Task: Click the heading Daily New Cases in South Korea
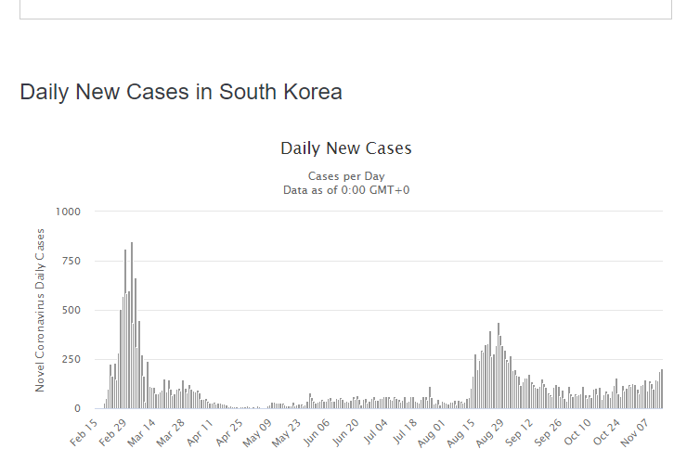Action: pyautogui.click(x=181, y=92)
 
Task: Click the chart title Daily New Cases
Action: pyautogui.click(x=345, y=148)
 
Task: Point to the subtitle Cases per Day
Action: pyautogui.click(x=345, y=176)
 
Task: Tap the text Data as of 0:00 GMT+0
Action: pyautogui.click(x=345, y=189)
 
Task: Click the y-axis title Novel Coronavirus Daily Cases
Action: pyautogui.click(x=40, y=310)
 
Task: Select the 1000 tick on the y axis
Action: pyautogui.click(x=69, y=212)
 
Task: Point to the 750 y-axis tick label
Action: pyautogui.click(x=71, y=261)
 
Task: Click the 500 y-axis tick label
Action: pyautogui.click(x=71, y=310)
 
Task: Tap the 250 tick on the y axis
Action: pyautogui.click(x=71, y=359)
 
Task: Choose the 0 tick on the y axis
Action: pyautogui.click(x=77, y=408)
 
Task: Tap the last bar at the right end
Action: pyautogui.click(x=662, y=390)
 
